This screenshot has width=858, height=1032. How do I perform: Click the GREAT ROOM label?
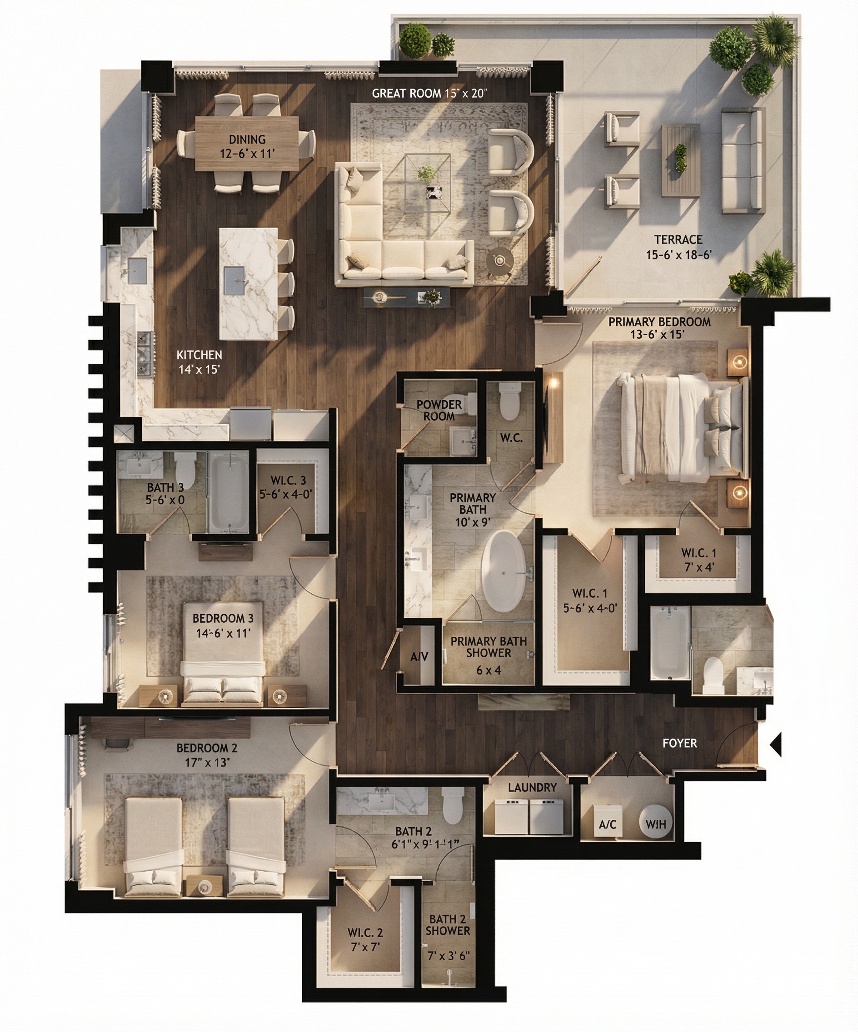(x=406, y=94)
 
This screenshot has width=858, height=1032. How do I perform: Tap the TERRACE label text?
(x=678, y=240)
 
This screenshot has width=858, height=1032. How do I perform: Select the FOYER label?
(x=679, y=743)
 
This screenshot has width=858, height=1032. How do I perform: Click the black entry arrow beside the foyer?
(x=775, y=744)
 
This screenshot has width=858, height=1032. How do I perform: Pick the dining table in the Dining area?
(x=247, y=144)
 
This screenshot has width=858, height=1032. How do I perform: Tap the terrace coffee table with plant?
(x=680, y=160)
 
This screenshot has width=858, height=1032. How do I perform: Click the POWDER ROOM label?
(x=439, y=410)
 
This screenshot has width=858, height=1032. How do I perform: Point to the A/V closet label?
(x=419, y=656)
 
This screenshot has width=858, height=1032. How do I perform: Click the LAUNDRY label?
(x=533, y=787)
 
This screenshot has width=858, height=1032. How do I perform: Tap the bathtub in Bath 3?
(x=228, y=491)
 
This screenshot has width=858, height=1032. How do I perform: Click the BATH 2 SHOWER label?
(x=448, y=924)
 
